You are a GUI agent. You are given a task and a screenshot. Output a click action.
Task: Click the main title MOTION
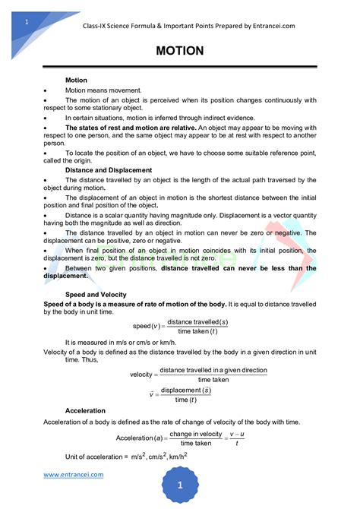[179, 51]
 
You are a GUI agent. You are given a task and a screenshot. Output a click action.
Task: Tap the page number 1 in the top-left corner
[27, 22]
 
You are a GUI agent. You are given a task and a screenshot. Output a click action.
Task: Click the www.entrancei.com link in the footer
[73, 475]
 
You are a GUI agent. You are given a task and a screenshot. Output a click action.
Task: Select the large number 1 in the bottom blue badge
[181, 485]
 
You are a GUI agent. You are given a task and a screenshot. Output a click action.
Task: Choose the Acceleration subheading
[85, 410]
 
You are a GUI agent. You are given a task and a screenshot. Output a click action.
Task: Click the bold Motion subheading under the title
[76, 80]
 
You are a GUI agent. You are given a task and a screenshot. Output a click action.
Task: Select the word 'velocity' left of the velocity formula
[141, 375]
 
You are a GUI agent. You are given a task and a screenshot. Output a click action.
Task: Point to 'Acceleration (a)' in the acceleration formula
[140, 438]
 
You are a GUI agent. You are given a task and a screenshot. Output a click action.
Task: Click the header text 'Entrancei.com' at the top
[269, 26]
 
